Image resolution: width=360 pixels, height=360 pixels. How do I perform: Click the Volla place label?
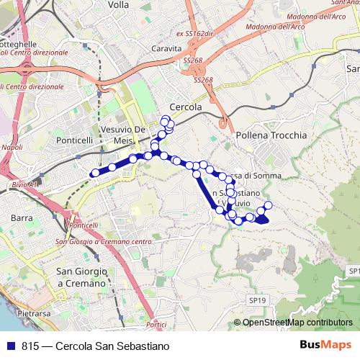click(117, 4)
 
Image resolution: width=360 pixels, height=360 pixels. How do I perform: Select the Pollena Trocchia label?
click(271, 135)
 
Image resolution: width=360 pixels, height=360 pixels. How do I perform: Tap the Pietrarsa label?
click(33, 314)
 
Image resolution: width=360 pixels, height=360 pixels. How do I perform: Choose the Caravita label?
click(166, 48)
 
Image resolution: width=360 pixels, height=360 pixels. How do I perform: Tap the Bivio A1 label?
click(24, 185)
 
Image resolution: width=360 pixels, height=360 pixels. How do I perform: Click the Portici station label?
click(156, 325)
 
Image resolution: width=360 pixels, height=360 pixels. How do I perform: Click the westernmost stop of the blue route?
click(94, 173)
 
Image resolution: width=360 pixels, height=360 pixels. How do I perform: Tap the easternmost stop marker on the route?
click(268, 205)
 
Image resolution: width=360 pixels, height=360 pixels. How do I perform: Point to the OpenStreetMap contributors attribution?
click(297, 323)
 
